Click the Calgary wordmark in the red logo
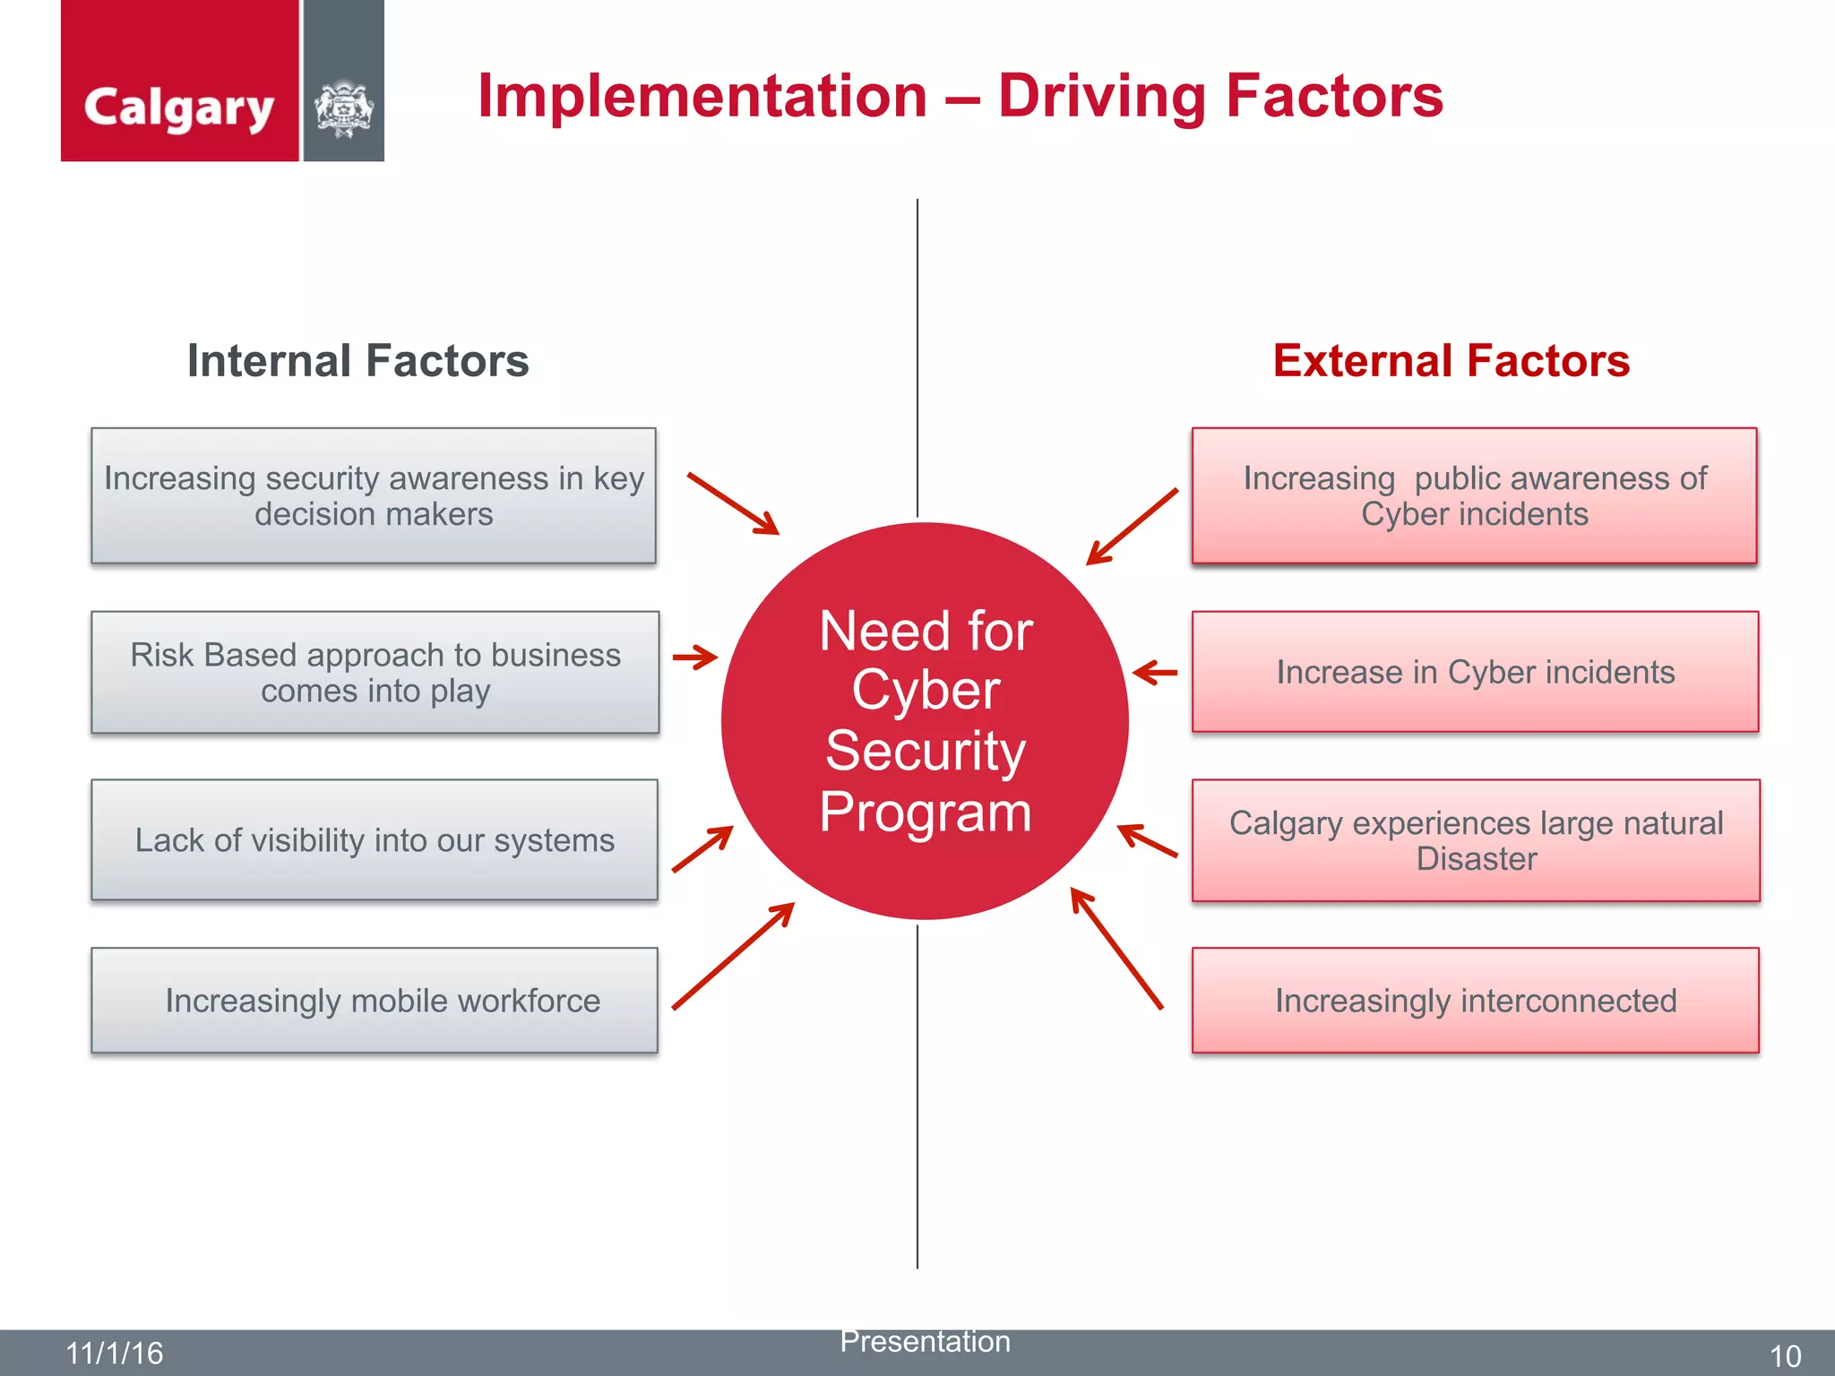[178, 108]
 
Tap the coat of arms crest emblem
[343, 109]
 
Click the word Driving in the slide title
[1102, 96]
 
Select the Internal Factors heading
[358, 361]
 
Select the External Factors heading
[1451, 361]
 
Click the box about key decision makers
[374, 495]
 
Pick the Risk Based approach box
[375, 672]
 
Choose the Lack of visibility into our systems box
[375, 839]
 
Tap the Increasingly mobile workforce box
[375, 1000]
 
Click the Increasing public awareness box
[1474, 495]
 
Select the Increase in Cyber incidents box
[1475, 672]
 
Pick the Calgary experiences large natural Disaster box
[1476, 839]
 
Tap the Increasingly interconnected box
[1475, 1000]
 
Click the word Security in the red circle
[925, 751]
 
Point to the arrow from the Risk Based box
[695, 658]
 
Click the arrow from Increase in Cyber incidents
[1155, 672]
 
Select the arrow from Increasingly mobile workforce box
[732, 957]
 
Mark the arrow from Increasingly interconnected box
[1116, 948]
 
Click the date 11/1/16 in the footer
[115, 1353]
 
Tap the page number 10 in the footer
[1785, 1355]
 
